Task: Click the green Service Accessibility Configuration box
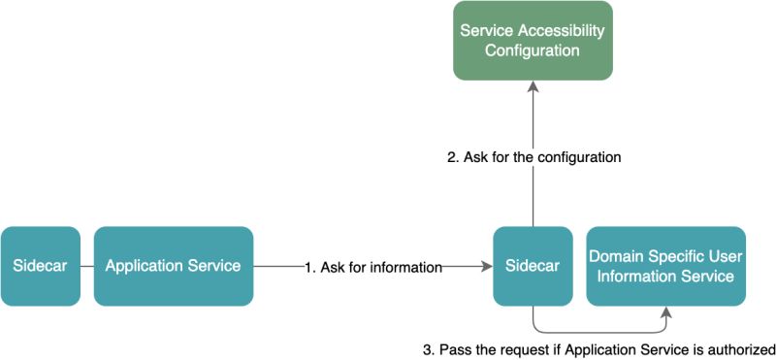tap(531, 40)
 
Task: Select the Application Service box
tap(173, 266)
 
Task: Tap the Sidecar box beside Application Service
tap(40, 266)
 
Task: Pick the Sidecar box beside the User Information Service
tap(533, 266)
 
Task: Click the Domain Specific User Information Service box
tap(665, 266)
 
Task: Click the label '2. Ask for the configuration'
tap(533, 156)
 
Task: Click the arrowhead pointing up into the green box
tap(532, 87)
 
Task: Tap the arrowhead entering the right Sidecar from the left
tap(486, 266)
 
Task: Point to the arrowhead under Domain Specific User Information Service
tap(666, 312)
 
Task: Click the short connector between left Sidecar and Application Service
tap(86, 266)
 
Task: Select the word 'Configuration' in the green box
tap(531, 49)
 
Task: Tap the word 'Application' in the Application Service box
tap(148, 266)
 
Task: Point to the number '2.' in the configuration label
tap(453, 156)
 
